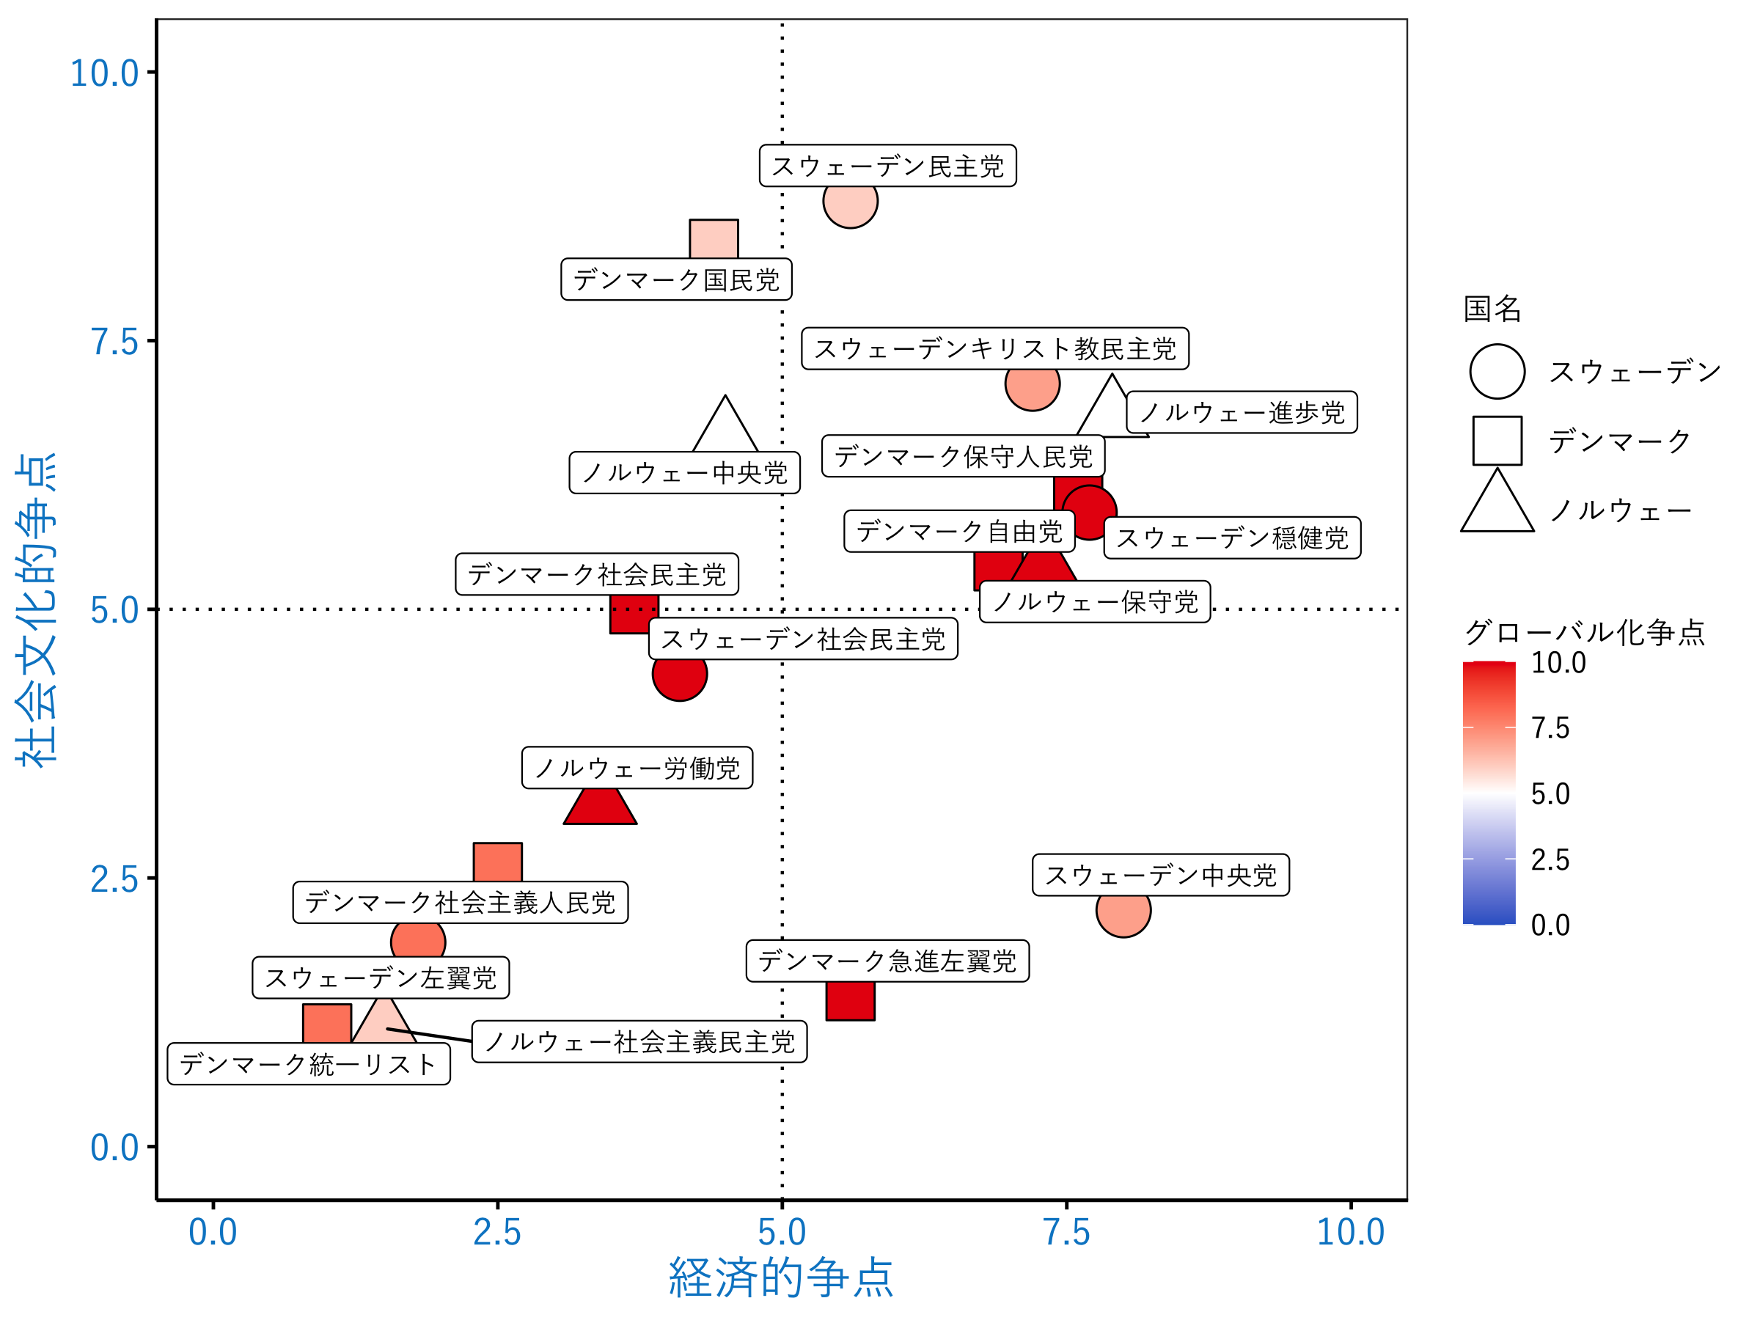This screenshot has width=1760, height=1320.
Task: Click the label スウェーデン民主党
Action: (887, 166)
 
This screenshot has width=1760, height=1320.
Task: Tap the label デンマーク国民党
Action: (675, 280)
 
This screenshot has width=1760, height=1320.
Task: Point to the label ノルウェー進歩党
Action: (1242, 413)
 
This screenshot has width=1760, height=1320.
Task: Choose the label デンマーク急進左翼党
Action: (887, 961)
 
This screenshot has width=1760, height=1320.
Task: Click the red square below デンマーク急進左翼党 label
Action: (850, 1001)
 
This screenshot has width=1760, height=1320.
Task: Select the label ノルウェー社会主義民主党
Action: (639, 1042)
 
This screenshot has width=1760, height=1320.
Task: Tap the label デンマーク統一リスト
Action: (308, 1065)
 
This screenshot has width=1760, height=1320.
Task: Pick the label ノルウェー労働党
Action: (637, 768)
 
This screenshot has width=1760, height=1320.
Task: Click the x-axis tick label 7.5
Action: (1066, 1233)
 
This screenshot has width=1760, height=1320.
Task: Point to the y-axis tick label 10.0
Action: (104, 73)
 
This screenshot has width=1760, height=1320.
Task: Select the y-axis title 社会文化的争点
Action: (37, 609)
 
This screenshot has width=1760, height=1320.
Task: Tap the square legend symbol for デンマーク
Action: (1497, 441)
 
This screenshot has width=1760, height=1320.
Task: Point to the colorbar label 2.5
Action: (1550, 860)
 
